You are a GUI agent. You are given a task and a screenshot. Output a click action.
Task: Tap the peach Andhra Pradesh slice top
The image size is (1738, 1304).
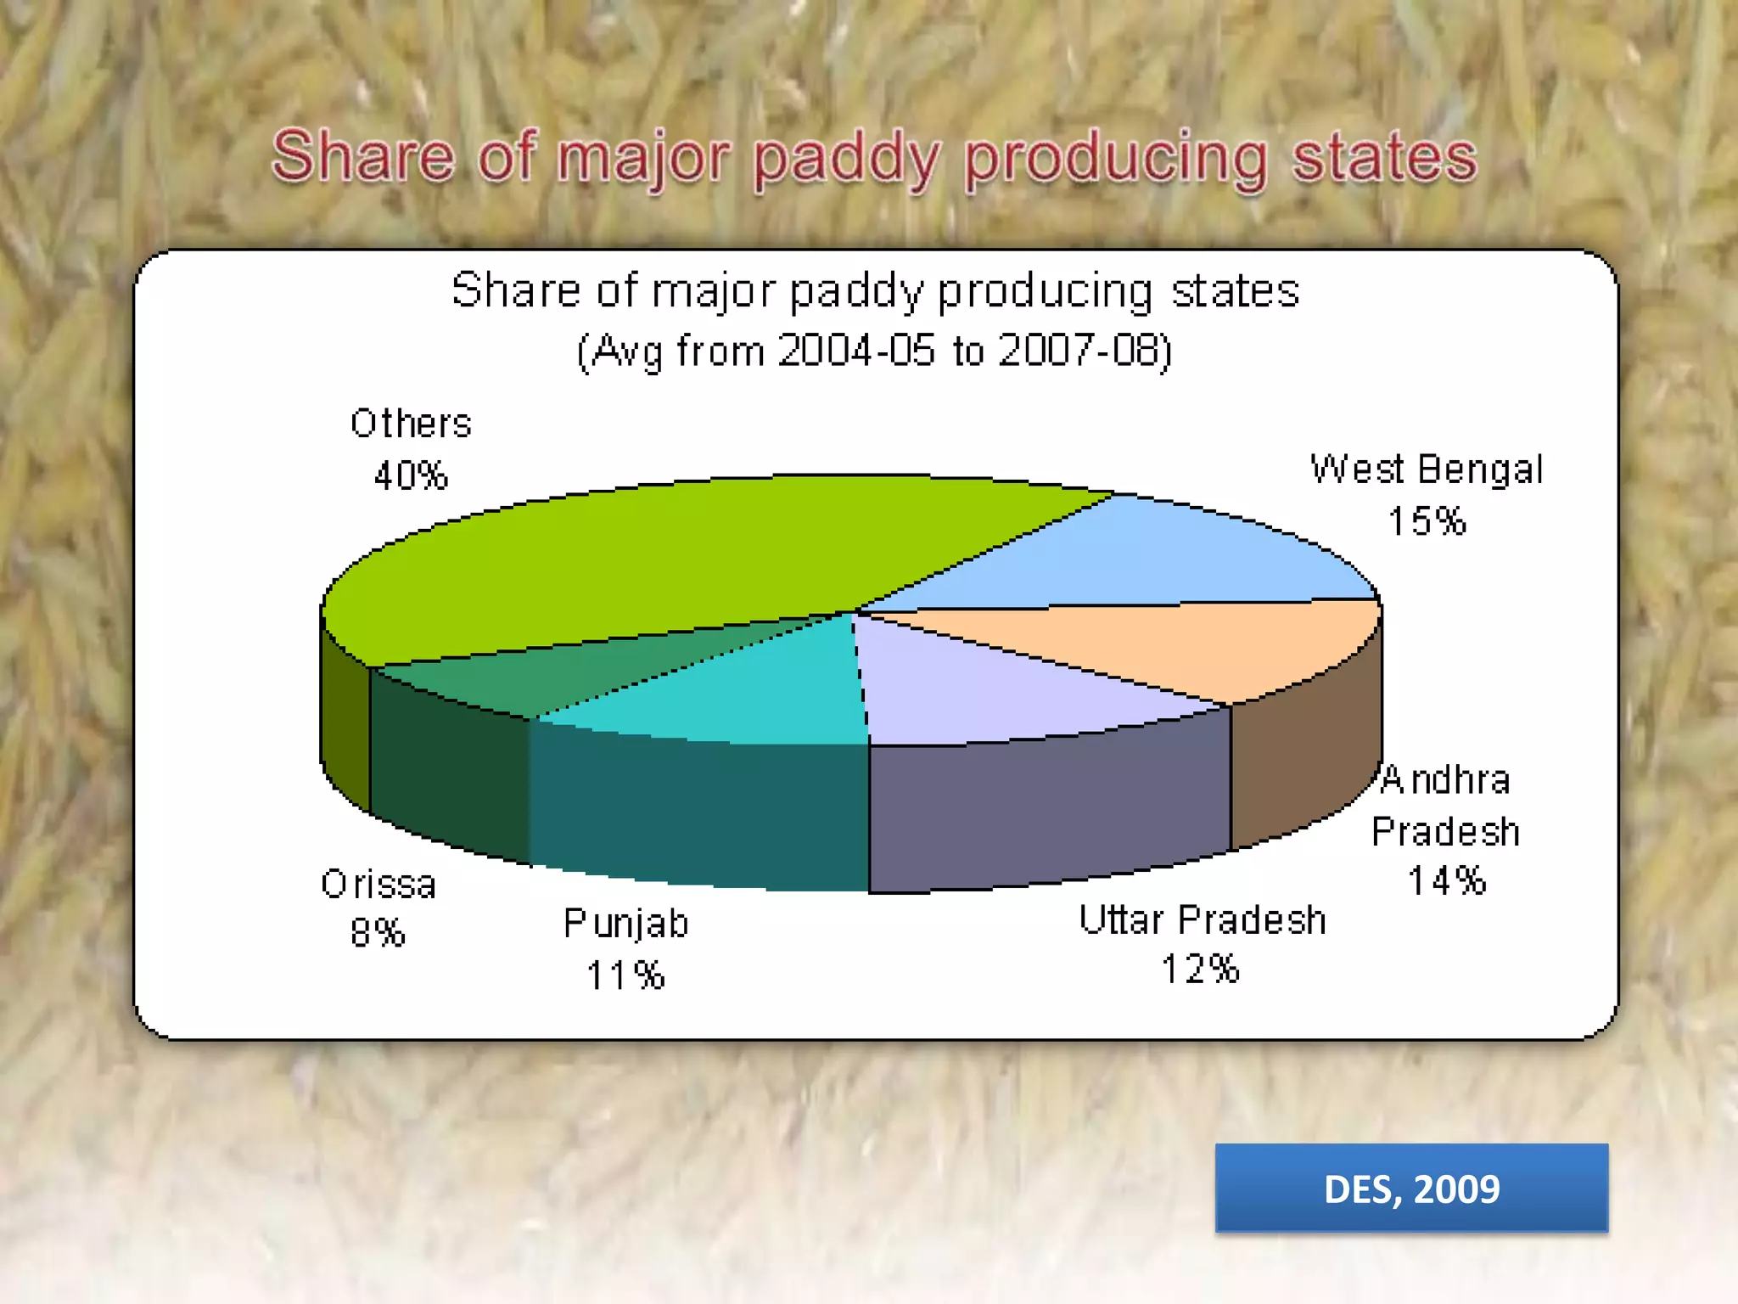1188,645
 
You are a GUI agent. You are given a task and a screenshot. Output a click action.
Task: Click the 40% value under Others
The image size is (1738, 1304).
411,475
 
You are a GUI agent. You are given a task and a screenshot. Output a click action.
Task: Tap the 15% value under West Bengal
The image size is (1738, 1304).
1427,521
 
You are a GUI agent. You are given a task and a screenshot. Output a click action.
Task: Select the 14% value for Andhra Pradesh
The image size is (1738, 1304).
1447,881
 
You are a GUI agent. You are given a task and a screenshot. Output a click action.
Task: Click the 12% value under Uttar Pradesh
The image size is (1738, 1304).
1200,970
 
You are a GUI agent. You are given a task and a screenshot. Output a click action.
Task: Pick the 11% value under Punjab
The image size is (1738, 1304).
625,975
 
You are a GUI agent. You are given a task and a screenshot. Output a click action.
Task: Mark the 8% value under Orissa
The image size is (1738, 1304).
378,933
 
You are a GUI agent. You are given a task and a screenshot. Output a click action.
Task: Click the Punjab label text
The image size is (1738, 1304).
625,924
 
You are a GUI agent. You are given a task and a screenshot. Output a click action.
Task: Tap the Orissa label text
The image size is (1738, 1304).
378,885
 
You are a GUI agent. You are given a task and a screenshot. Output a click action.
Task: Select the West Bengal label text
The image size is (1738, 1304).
1426,469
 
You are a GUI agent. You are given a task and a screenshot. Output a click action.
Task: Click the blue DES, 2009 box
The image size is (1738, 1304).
1411,1188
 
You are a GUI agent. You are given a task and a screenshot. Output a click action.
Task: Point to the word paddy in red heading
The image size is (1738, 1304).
847,159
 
